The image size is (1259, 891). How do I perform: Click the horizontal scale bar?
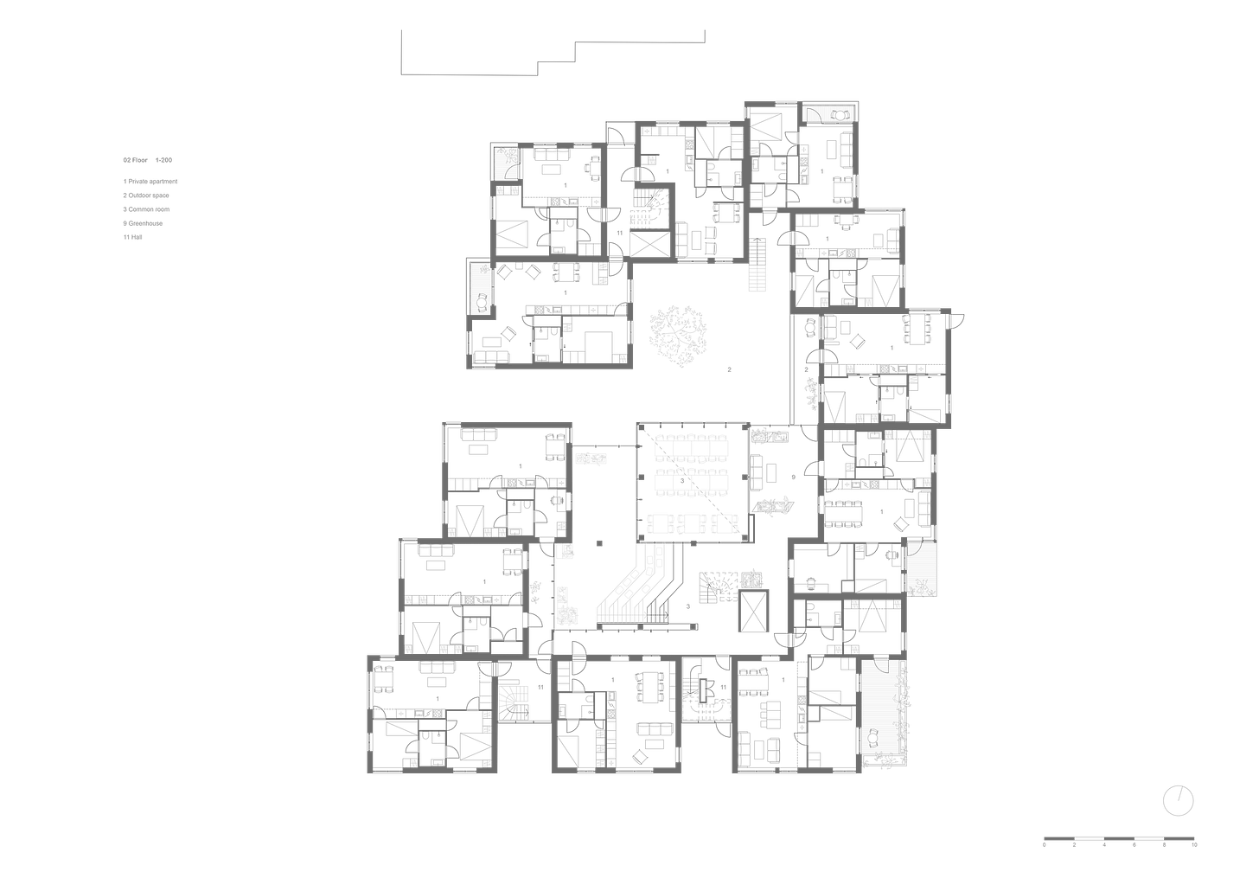tap(1120, 837)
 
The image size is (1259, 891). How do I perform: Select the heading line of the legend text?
tap(147, 160)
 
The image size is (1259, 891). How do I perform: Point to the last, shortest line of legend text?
tap(131, 236)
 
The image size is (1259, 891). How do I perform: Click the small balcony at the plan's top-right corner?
tap(827, 113)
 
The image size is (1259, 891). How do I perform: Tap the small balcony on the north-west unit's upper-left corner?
tap(506, 162)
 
